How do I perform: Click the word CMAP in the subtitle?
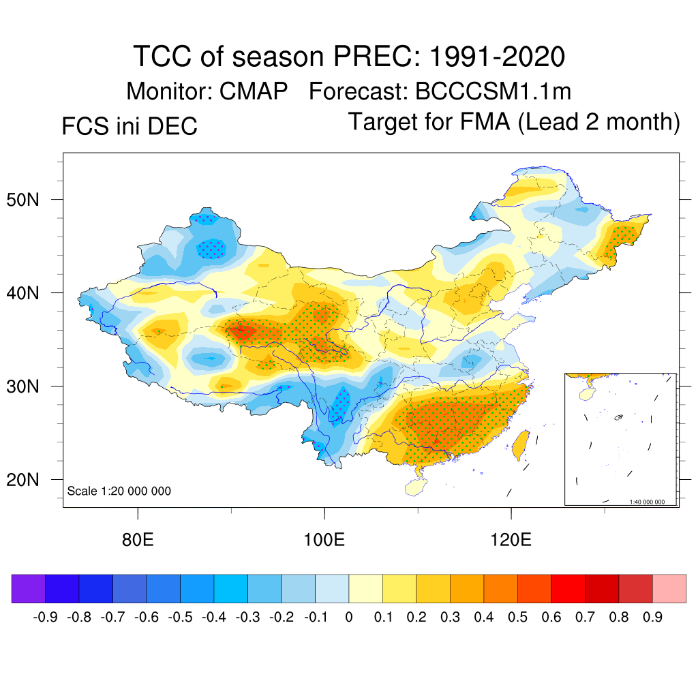tap(254, 91)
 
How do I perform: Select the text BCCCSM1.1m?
tap(494, 91)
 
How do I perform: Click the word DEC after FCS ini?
tap(174, 126)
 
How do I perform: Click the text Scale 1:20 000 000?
tap(119, 491)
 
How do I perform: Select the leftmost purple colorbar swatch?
tap(29, 588)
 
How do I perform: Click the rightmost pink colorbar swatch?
tap(669, 588)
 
